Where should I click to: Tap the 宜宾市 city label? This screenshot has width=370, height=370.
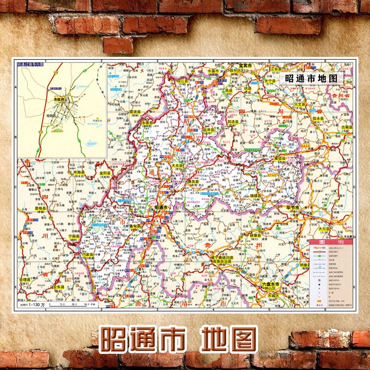pyautogui.click(x=244, y=66)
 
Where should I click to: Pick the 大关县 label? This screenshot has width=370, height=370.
pyautogui.click(x=178, y=165)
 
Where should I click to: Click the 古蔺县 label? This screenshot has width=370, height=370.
pyautogui.click(x=346, y=126)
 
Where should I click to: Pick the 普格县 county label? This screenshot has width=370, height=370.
pyautogui.click(x=40, y=208)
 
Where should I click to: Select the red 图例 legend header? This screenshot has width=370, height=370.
pyautogui.click(x=330, y=242)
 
